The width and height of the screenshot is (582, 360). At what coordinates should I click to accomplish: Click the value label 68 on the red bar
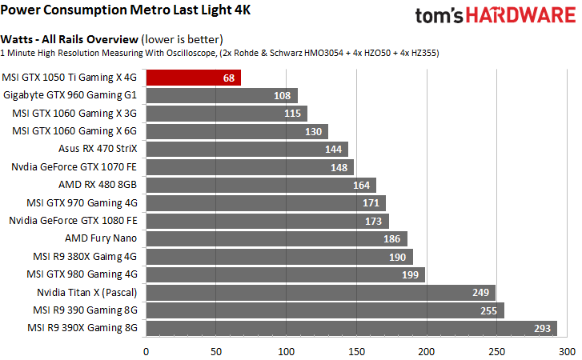[229, 78]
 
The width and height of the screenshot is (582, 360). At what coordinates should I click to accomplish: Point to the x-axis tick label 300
[567, 350]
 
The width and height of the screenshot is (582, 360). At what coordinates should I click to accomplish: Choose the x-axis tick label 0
[146, 350]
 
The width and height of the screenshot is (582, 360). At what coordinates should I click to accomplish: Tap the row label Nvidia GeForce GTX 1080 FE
[74, 220]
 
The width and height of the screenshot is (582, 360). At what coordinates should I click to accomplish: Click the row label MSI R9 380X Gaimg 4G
[82, 256]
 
